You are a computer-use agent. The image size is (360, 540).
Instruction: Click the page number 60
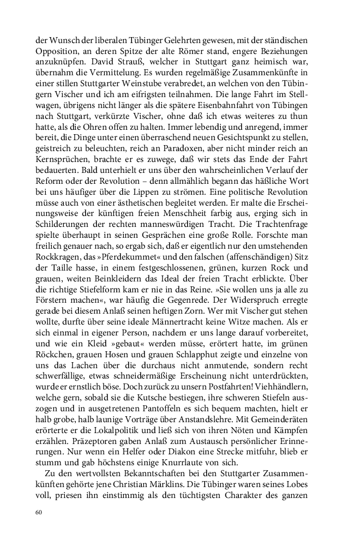click(x=38, y=512)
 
